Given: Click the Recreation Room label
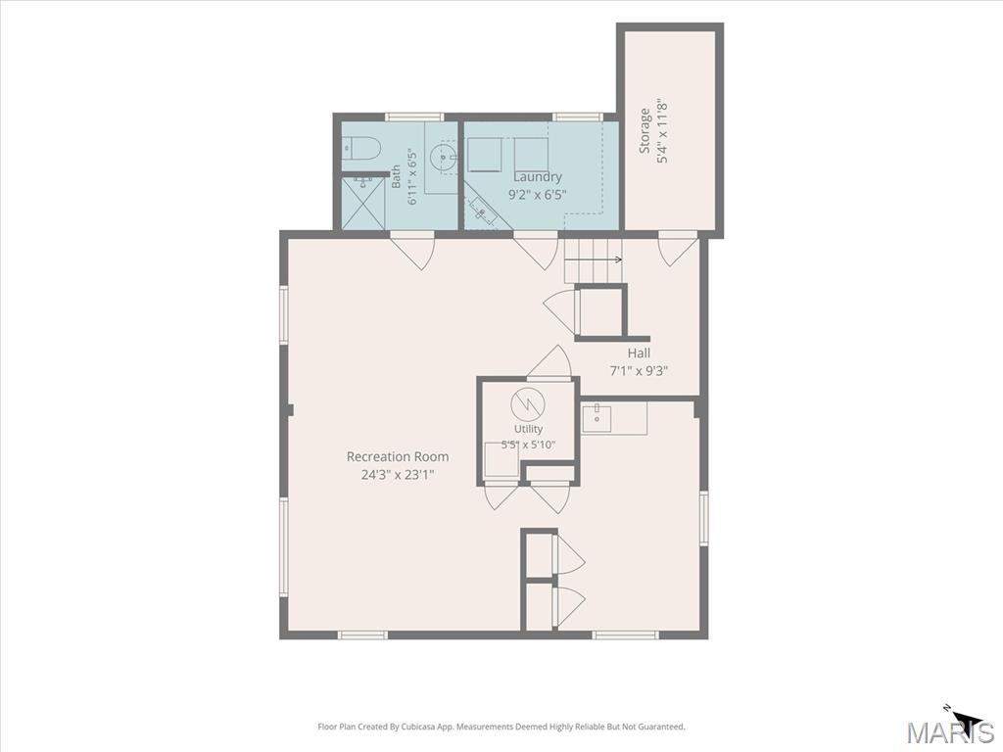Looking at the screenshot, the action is [398, 456].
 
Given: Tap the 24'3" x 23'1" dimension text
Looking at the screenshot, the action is [398, 475].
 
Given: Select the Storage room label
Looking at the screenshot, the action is [645, 131].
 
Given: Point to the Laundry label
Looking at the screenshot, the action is [538, 176].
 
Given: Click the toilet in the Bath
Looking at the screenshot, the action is [360, 149].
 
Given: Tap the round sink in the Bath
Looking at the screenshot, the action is [442, 157].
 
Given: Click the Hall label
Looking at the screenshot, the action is [639, 352].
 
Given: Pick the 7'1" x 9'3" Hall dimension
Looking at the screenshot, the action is [639, 370].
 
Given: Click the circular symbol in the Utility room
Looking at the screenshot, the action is [527, 403].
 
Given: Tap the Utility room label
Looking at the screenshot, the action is [528, 429].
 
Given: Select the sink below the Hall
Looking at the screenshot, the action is [597, 417].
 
